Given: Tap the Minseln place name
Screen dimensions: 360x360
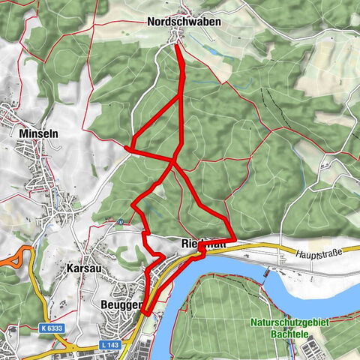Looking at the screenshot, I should click(36, 133).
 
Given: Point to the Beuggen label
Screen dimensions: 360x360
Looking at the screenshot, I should click(119, 305).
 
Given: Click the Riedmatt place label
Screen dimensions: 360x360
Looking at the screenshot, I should click(202, 244).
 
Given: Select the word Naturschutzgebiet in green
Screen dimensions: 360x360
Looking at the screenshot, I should click(292, 325).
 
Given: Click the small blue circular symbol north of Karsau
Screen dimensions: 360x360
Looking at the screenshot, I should click(120, 221).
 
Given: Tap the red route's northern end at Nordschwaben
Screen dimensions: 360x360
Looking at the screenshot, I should click(176, 46).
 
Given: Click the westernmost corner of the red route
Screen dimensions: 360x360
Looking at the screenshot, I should click(128, 149).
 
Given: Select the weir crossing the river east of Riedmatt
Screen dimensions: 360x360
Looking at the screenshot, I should click(268, 271).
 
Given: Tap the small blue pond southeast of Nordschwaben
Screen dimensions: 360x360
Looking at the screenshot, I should click(217, 55).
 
